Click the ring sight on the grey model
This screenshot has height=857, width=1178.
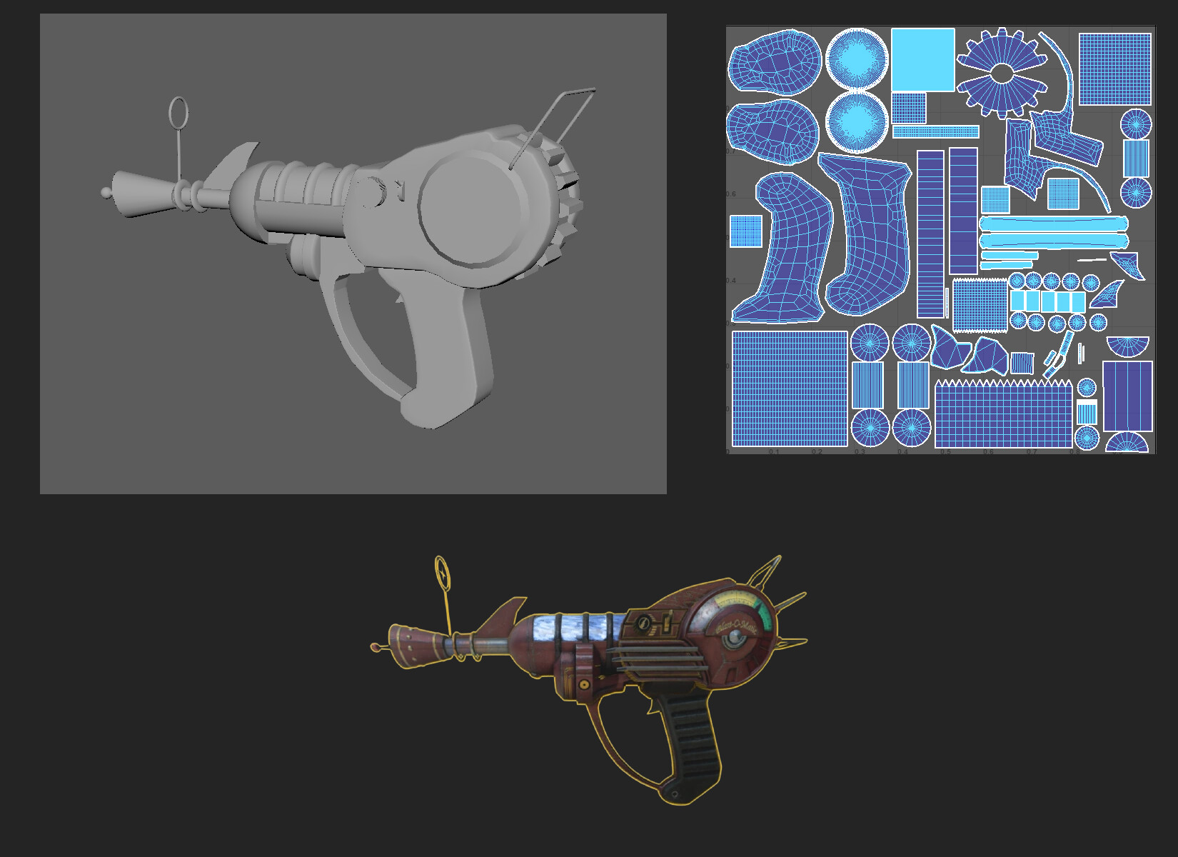[x=178, y=113]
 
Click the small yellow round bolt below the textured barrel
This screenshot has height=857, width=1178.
[x=585, y=684]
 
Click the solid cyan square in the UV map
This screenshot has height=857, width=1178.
[x=922, y=60]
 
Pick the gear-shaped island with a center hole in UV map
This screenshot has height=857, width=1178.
[x=1002, y=72]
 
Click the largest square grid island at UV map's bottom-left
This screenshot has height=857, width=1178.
[x=790, y=389]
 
